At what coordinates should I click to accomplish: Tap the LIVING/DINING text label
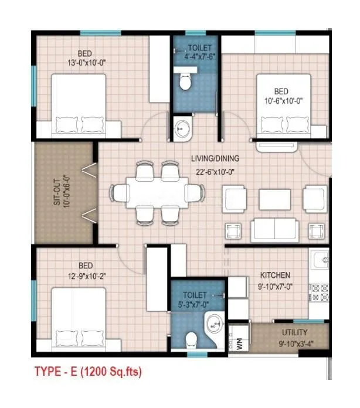[215, 158]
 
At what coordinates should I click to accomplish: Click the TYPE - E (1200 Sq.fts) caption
[88, 371]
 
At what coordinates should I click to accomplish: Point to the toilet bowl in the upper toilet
[185, 80]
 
